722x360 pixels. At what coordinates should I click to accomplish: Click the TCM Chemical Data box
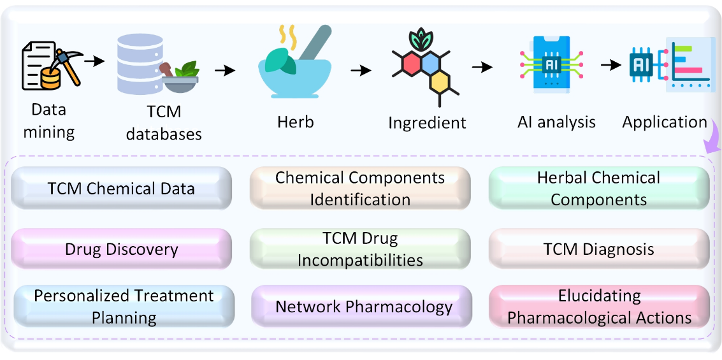pos(121,189)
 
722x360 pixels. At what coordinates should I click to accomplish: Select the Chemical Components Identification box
pos(360,189)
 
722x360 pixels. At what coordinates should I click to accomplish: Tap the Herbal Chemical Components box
pos(598,189)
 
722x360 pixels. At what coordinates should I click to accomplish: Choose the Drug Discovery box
pos(121,249)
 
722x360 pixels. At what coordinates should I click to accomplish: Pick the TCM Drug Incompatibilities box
pos(360,249)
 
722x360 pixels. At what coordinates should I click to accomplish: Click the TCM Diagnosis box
pos(598,249)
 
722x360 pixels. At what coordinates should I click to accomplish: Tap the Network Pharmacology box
pos(362,306)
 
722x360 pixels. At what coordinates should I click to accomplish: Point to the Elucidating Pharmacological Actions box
pos(600,306)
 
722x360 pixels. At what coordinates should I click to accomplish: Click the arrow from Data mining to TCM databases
pos(96,61)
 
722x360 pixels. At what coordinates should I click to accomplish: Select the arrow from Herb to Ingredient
pos(361,71)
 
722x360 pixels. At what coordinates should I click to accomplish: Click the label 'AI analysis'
pos(556,122)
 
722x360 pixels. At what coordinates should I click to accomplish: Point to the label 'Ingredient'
pos(428,123)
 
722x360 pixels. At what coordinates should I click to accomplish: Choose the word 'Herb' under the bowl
pos(296,122)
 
